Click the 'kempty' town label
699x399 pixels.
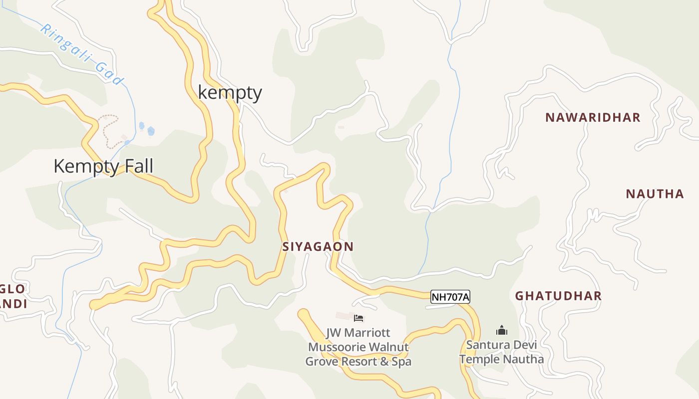pyautogui.click(x=230, y=93)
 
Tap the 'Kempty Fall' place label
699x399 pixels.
pyautogui.click(x=103, y=166)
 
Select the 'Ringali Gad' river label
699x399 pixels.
pyautogui.click(x=81, y=54)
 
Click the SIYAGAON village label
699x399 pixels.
pyautogui.click(x=318, y=246)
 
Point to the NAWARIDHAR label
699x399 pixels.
pyautogui.click(x=592, y=118)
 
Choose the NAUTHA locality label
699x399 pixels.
pyautogui.click(x=655, y=194)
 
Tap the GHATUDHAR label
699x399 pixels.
pyautogui.click(x=558, y=296)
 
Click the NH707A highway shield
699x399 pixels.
pyautogui.click(x=450, y=297)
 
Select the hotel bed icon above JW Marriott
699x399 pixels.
pyautogui.click(x=358, y=318)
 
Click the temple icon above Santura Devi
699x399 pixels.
pyautogui.click(x=501, y=330)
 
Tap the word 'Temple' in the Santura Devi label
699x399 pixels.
pyautogui.click(x=479, y=359)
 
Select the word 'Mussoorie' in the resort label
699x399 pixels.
pyautogui.click(x=334, y=347)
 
